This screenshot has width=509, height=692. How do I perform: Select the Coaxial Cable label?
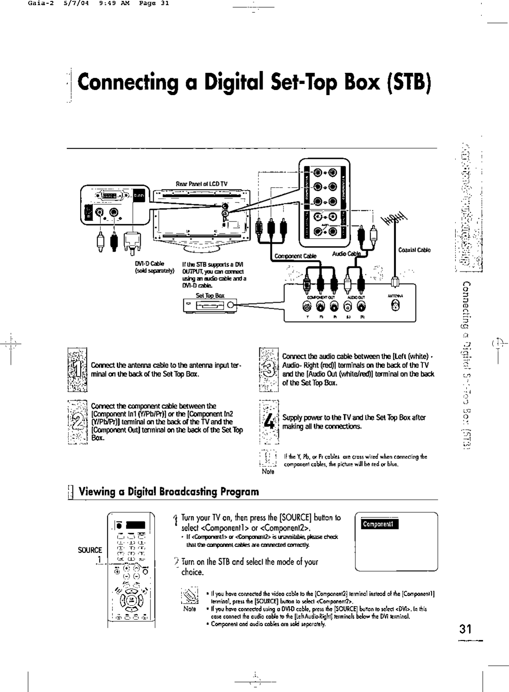(x=414, y=250)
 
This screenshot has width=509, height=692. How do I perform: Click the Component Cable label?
(x=295, y=255)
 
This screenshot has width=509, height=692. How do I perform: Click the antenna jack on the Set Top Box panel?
(x=395, y=305)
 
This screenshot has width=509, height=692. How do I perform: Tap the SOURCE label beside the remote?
(x=90, y=550)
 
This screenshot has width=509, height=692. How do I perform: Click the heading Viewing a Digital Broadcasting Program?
(x=169, y=491)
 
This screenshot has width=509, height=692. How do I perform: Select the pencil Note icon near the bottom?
(x=190, y=597)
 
